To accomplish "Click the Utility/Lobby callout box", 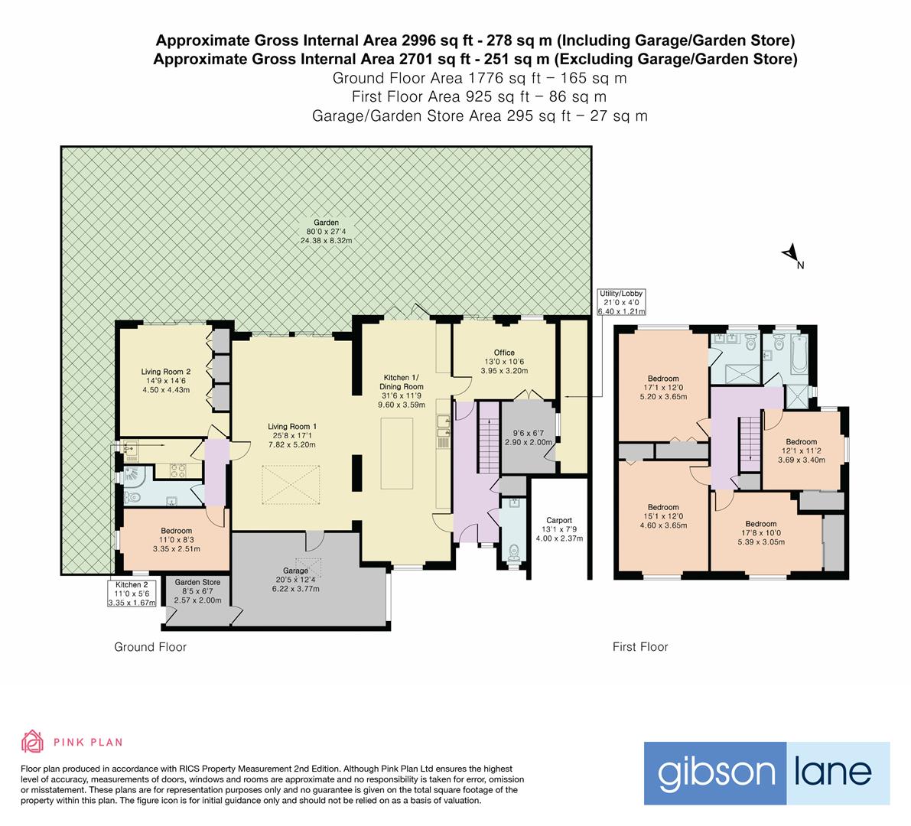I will (x=621, y=302).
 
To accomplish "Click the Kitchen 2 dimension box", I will (x=132, y=593).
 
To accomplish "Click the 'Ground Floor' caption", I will (x=150, y=647).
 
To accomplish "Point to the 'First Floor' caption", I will (x=640, y=647).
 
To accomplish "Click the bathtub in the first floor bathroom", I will (x=799, y=354).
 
